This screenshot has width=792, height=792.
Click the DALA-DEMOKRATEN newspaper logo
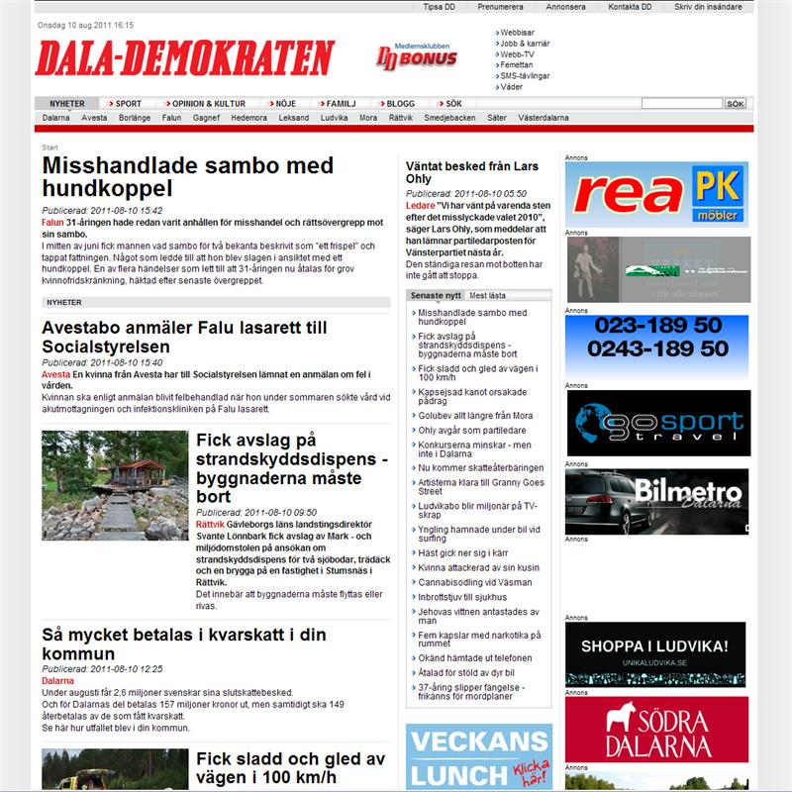184,58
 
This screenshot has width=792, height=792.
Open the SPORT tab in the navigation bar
128,103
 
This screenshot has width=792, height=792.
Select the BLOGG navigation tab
400,103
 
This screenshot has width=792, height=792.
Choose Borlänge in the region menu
135,117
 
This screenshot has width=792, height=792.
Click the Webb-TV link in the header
516,53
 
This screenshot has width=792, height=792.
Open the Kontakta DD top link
630,6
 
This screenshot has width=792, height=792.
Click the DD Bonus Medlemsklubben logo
417,56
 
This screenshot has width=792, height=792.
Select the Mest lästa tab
487,295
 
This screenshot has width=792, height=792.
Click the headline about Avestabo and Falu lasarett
184,337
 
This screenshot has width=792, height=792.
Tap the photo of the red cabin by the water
115,485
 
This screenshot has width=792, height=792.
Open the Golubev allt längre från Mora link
473,415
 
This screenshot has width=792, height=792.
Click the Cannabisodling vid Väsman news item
475,582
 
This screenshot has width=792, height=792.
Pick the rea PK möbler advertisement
656,194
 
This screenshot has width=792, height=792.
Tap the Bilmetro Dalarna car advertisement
656,502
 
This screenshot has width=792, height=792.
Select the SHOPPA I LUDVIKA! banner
656,652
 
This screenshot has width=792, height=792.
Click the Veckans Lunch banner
479,756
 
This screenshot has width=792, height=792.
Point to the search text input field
681,103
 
